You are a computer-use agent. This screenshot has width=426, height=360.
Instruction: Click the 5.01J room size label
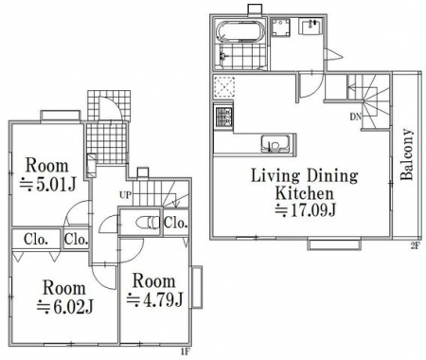[48, 185]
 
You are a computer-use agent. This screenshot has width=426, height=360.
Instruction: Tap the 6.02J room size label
[65, 307]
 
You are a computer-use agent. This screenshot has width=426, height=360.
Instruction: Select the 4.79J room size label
[155, 299]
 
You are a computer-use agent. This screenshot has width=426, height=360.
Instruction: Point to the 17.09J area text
[306, 210]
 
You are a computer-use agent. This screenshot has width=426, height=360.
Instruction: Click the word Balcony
[407, 154]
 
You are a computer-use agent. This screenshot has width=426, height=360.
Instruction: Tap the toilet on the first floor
[149, 223]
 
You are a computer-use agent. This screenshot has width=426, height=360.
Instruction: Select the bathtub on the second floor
[241, 31]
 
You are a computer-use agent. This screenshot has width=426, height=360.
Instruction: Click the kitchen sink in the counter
[275, 144]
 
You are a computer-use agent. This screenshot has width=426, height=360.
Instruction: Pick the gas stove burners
[223, 117]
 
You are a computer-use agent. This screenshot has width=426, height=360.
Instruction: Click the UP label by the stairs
[125, 195]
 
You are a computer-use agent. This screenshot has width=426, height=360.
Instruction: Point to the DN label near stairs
[355, 117]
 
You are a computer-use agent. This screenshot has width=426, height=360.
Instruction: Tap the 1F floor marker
[186, 352]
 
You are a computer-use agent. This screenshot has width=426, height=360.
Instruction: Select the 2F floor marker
[416, 246]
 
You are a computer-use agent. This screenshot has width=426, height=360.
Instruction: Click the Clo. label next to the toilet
[176, 223]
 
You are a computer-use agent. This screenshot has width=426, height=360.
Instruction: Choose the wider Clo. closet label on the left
[36, 240]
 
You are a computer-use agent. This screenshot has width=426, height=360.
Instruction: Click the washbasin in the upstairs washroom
[311, 27]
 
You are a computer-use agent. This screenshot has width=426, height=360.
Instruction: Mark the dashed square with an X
[224, 86]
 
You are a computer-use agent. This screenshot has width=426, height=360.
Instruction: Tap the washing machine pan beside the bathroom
[281, 27]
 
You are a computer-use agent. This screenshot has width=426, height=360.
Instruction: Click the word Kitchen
[304, 193]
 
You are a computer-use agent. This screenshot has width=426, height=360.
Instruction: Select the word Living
[275, 176]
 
